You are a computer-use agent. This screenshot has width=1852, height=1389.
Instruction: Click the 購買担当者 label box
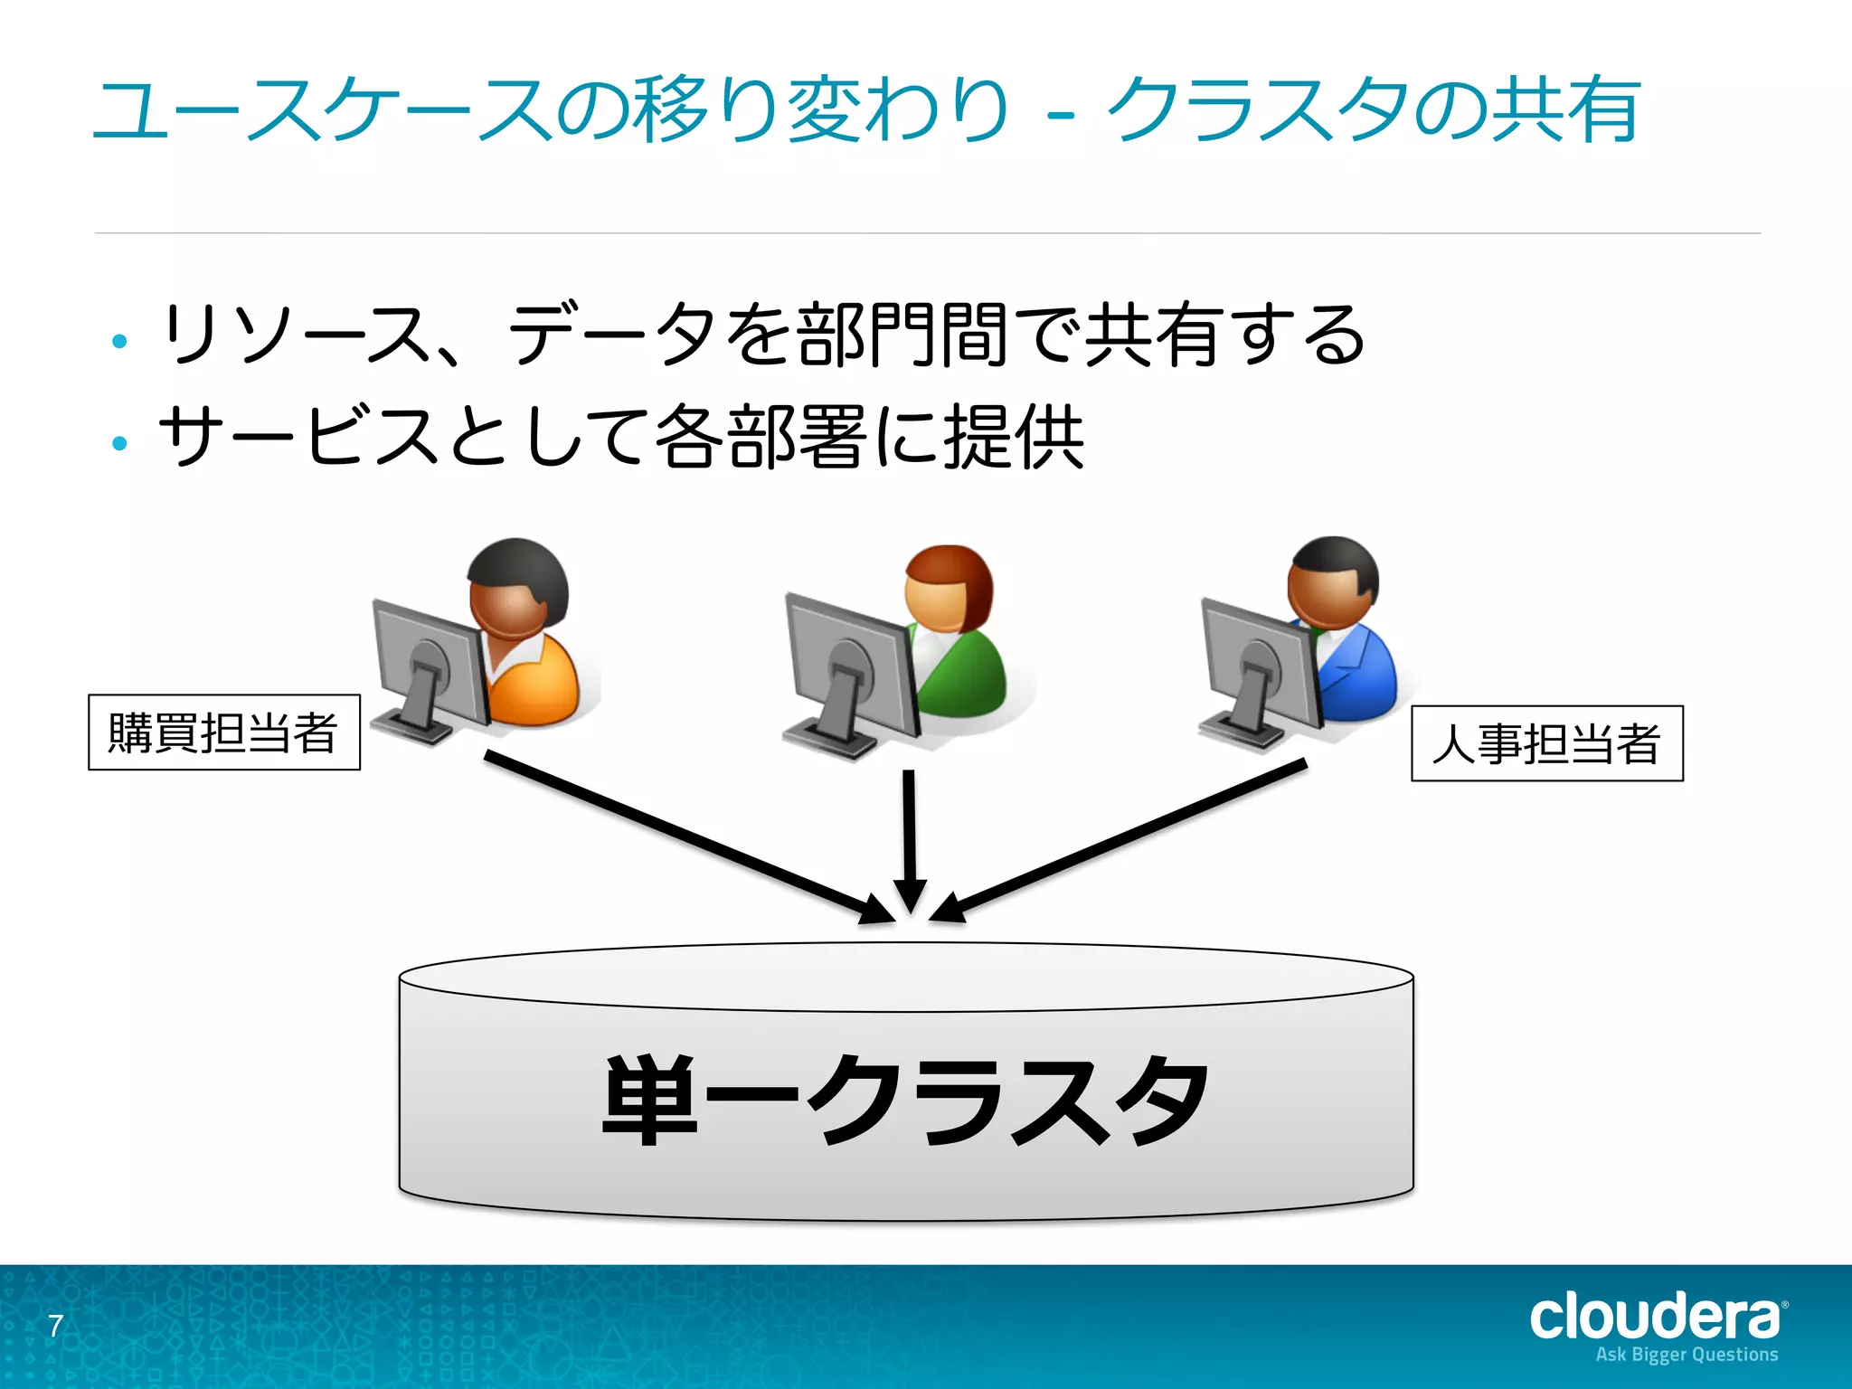(x=223, y=732)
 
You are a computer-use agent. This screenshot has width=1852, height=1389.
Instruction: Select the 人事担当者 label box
(x=1546, y=743)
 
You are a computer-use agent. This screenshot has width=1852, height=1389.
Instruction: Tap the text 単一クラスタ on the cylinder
(x=905, y=1100)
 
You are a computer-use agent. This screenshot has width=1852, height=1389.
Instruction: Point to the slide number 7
(x=55, y=1326)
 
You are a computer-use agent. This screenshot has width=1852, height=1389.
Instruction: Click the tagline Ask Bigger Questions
(x=1687, y=1355)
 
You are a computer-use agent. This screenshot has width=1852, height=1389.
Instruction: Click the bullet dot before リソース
(x=119, y=341)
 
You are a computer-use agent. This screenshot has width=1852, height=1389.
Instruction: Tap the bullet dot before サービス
(x=119, y=443)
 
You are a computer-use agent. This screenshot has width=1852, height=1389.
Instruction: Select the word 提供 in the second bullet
(x=1013, y=437)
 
